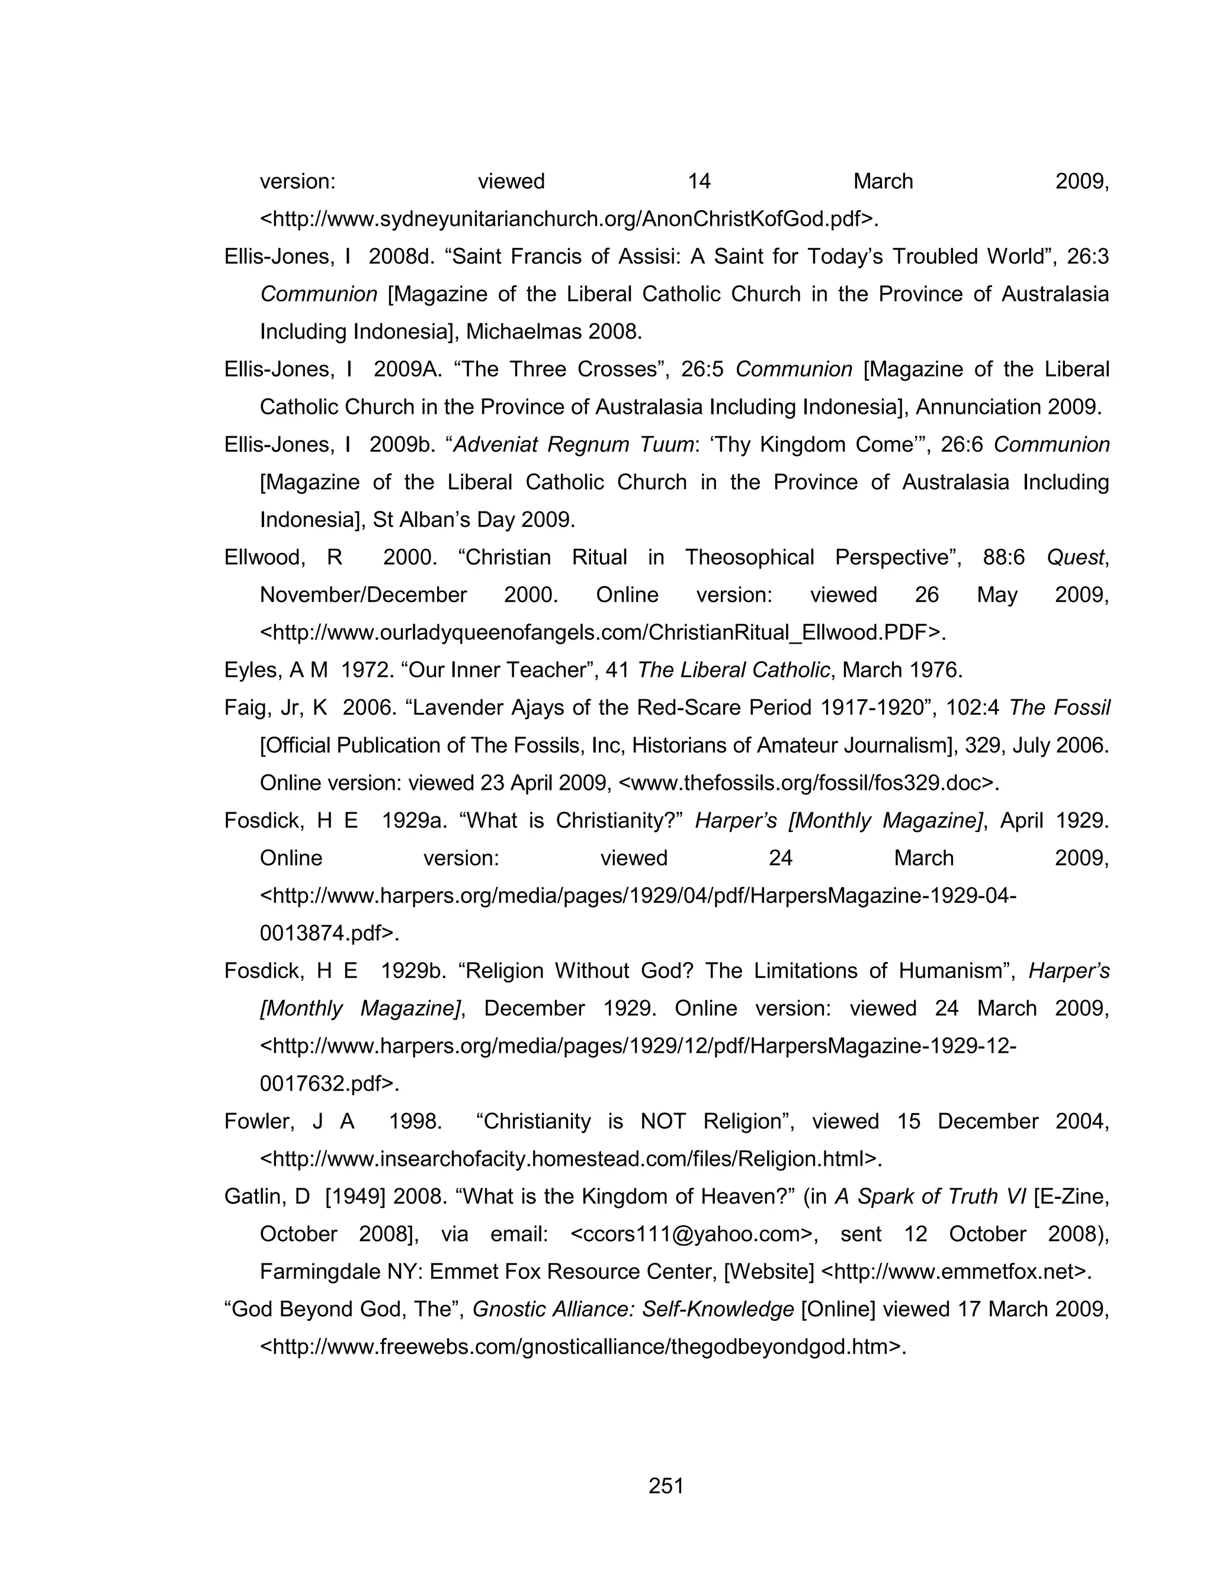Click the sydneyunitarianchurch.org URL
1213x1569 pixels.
(x=569, y=218)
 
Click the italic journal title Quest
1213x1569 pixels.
(x=1075, y=558)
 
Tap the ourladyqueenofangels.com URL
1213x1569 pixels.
(x=602, y=633)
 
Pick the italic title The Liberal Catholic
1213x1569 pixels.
(x=733, y=670)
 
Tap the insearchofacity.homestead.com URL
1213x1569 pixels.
(x=570, y=1159)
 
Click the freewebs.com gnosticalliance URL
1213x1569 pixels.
(x=582, y=1347)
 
